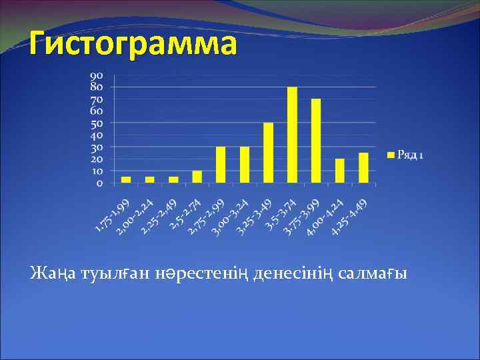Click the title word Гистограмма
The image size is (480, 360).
[x=132, y=45]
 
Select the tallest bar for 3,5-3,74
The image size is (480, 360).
[x=292, y=135]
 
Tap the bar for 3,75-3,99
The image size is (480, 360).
[x=316, y=141]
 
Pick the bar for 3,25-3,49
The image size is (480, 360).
[x=269, y=153]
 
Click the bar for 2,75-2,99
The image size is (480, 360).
[x=221, y=165]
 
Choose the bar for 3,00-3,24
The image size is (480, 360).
[x=245, y=165]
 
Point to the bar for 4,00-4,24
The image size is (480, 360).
[x=340, y=171]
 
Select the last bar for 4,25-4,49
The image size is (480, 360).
[x=363, y=168]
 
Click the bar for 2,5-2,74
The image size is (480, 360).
[x=197, y=177]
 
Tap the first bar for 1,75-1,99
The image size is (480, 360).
[x=126, y=179]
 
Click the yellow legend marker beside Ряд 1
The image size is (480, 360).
[x=391, y=155]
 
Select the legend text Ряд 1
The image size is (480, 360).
[x=410, y=155]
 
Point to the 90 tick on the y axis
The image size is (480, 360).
[x=97, y=75]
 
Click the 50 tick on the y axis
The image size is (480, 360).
[x=97, y=123]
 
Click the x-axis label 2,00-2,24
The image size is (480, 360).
[x=136, y=218]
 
